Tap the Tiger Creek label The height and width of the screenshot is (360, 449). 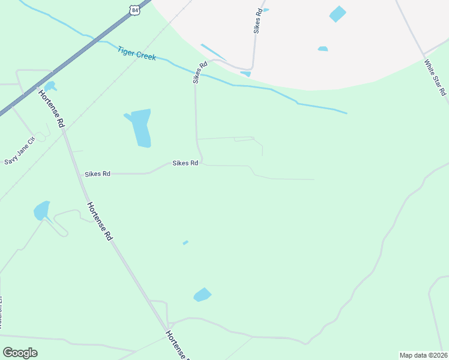click(x=137, y=53)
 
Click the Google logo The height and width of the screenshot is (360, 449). click(x=20, y=353)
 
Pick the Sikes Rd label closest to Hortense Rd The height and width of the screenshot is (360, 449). click(x=97, y=174)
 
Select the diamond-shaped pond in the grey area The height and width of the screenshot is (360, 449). click(x=338, y=14)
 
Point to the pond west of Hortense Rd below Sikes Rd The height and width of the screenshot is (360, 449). click(x=41, y=211)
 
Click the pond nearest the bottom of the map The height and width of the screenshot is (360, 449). click(x=202, y=295)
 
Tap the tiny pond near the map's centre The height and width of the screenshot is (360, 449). click(x=185, y=242)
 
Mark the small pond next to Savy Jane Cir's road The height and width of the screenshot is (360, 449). click(x=49, y=86)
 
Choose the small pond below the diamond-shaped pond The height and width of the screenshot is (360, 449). click(x=323, y=49)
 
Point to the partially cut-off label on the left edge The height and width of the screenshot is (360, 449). click(x=2, y=312)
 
